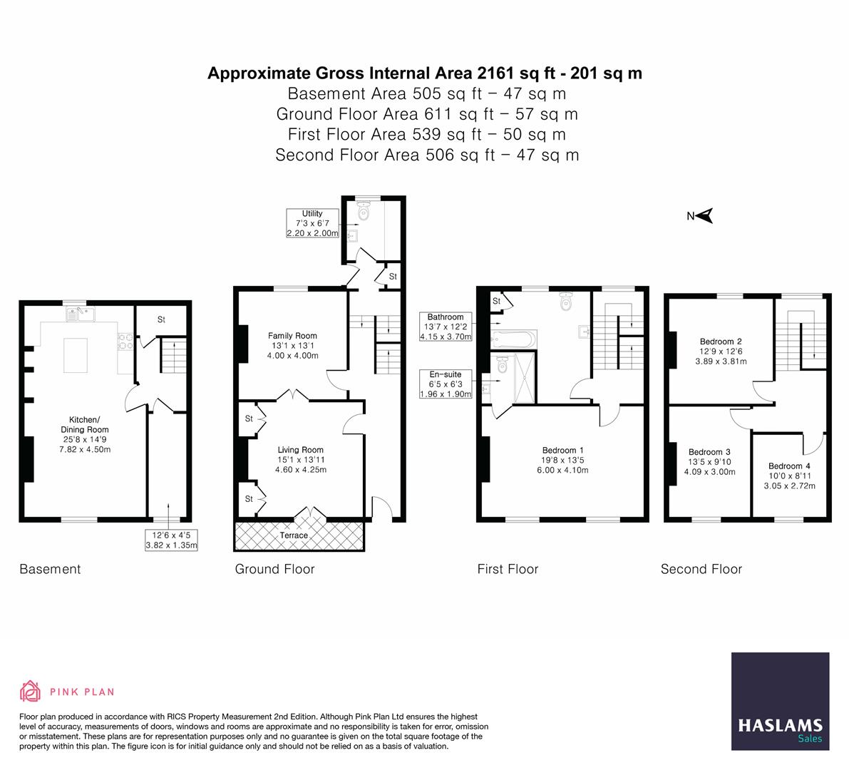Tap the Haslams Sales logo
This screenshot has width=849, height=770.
tap(780, 702)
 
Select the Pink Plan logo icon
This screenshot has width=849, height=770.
tap(31, 691)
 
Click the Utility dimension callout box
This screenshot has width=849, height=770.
tap(312, 223)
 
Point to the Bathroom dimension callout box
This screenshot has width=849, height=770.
tap(446, 327)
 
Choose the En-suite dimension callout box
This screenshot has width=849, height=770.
tap(446, 384)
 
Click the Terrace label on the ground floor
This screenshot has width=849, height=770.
tap(294, 535)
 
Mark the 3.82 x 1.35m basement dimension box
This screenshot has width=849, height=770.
tap(170, 540)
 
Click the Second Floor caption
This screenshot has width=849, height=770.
tap(701, 569)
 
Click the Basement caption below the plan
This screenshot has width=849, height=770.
tap(50, 569)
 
